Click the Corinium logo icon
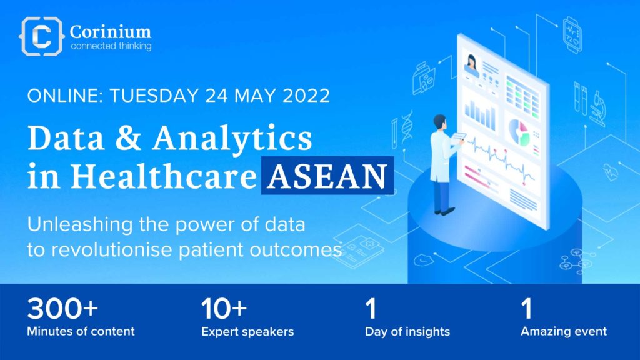(x=42, y=36)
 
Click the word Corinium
(x=110, y=31)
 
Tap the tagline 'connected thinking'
(x=111, y=46)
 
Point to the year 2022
(x=306, y=96)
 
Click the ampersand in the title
(x=128, y=138)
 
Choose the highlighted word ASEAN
(x=327, y=176)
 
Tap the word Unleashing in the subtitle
(x=80, y=225)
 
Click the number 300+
(x=62, y=309)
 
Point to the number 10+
(x=224, y=309)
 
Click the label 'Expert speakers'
(x=247, y=332)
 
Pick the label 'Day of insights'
(x=407, y=332)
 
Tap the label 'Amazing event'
(x=564, y=331)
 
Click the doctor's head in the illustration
(x=439, y=122)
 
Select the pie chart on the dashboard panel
(x=518, y=132)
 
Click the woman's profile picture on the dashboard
(x=472, y=64)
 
